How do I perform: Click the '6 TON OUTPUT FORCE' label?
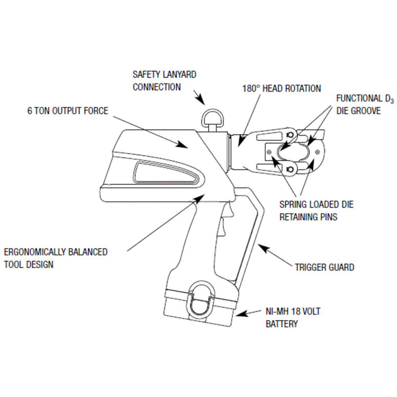[x=68, y=110]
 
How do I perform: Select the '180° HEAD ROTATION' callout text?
[x=282, y=88]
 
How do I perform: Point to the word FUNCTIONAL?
[x=359, y=98]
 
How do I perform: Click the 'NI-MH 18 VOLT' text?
[x=293, y=311]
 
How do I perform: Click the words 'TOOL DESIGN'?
[x=28, y=264]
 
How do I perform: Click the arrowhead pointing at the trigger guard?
[x=262, y=247]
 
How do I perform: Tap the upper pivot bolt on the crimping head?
[x=290, y=134]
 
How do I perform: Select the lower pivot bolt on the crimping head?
[x=290, y=170]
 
